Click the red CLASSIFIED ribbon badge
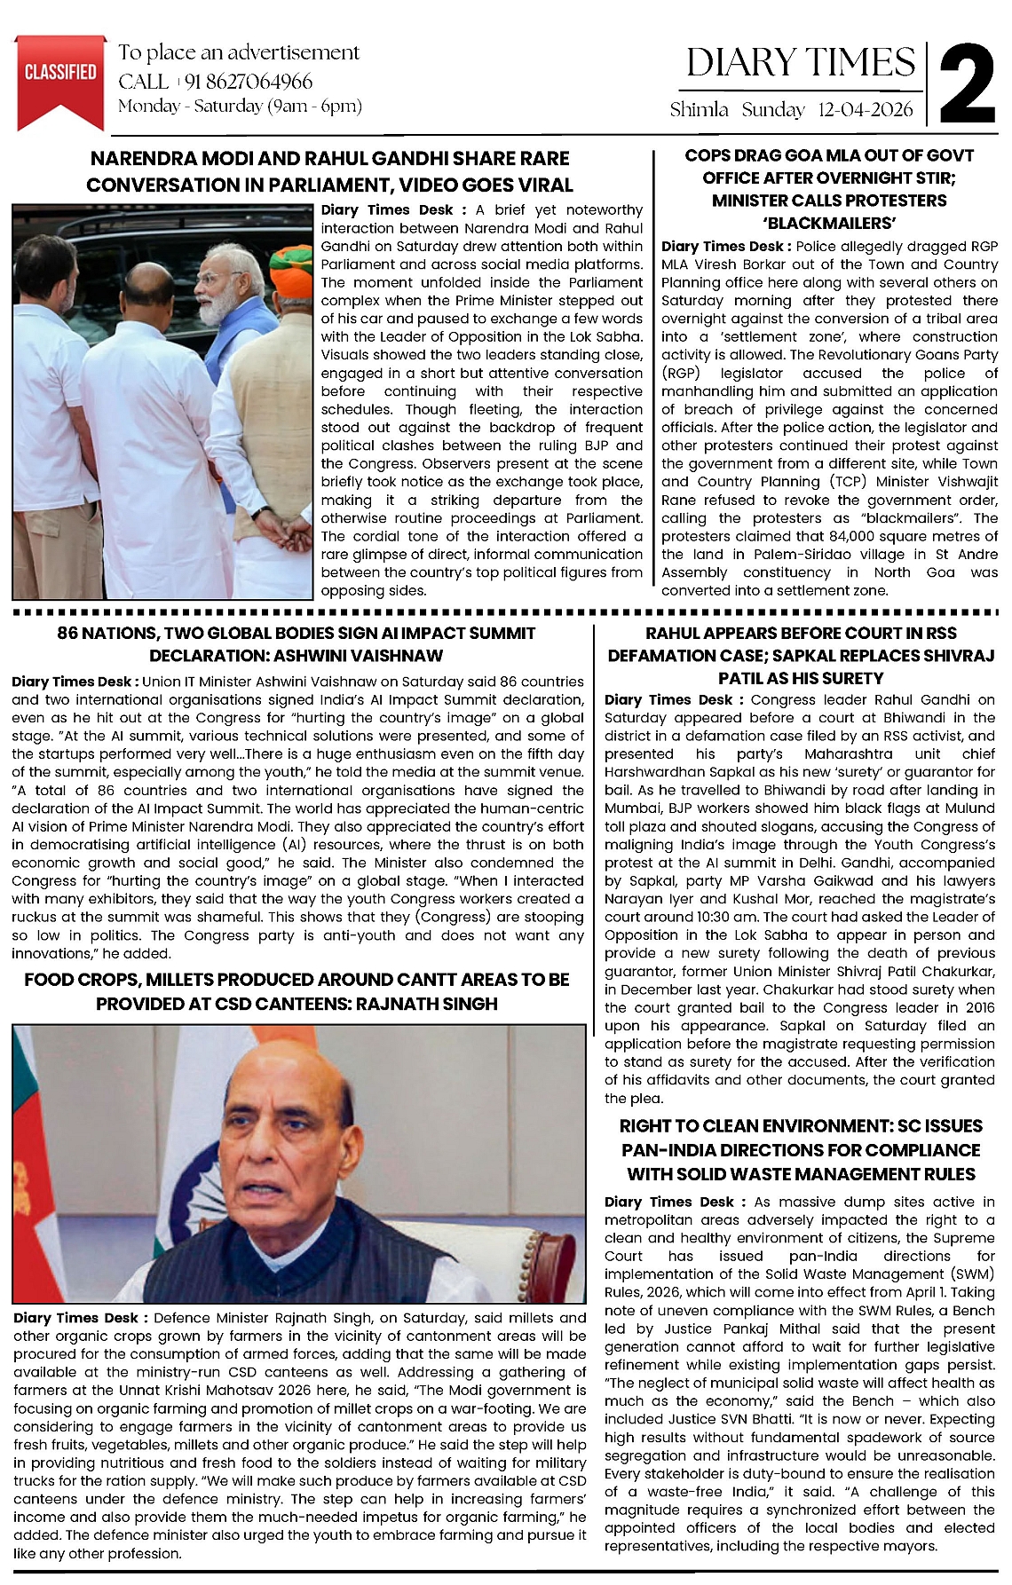pos(60,75)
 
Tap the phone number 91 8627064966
pos(249,82)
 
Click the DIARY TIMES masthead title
pos(800,62)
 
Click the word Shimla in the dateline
pos(700,110)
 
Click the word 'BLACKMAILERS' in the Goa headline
pos(829,223)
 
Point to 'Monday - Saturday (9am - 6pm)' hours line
pos(241,106)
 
